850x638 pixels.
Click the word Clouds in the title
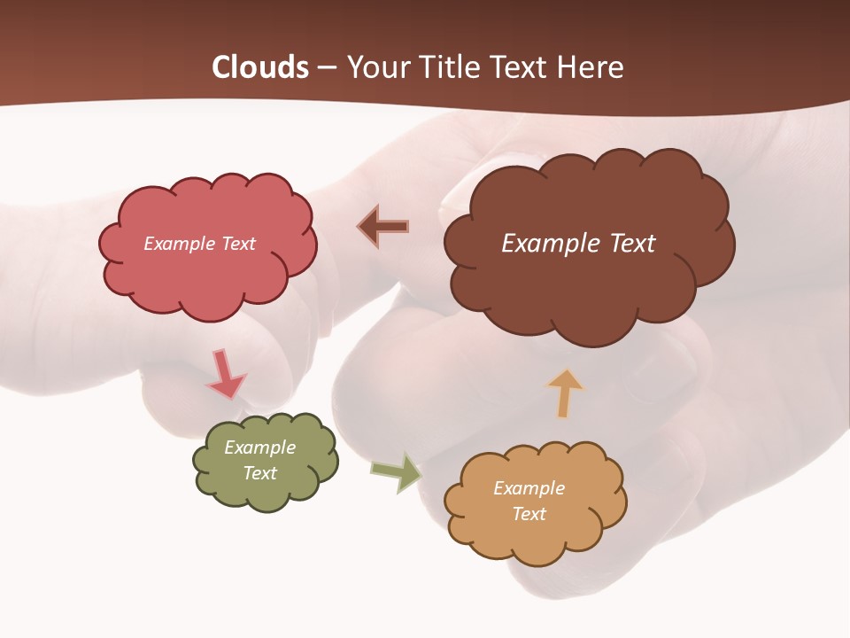(260, 67)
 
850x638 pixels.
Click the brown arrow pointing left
(383, 226)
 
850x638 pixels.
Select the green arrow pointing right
(396, 472)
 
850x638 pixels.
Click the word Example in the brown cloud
(549, 244)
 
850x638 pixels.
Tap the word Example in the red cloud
(179, 244)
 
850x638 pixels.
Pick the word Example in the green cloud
(259, 447)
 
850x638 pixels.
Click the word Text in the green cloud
(259, 473)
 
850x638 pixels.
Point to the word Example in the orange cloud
(529, 488)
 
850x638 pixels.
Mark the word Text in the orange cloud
(529, 514)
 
